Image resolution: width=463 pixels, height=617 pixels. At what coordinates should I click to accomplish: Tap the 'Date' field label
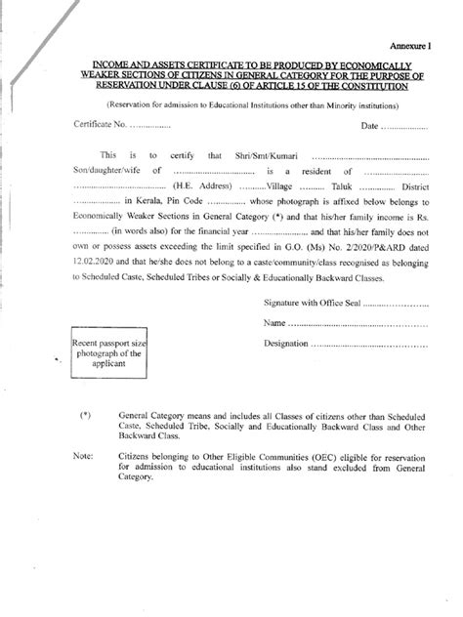click(x=369, y=126)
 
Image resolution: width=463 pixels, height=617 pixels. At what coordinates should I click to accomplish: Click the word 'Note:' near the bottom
click(x=85, y=456)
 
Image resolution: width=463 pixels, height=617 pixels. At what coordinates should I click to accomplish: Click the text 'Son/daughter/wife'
click(x=105, y=171)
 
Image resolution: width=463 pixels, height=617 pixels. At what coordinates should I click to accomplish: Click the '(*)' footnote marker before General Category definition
click(x=86, y=415)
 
